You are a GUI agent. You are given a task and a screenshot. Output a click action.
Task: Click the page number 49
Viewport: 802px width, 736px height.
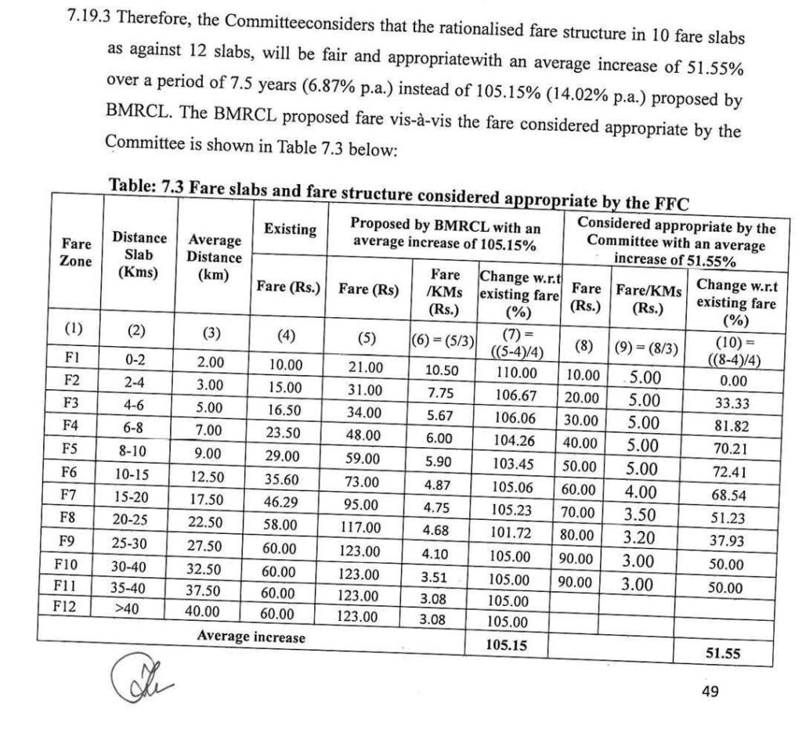point(709,691)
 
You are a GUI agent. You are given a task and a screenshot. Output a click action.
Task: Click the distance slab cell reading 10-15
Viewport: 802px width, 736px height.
point(139,475)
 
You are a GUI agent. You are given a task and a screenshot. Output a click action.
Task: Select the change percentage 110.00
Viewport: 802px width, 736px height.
point(515,373)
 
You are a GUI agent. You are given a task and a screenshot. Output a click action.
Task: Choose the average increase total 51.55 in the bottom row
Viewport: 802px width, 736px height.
point(722,654)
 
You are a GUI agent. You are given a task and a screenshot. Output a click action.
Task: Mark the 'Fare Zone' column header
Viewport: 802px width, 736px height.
point(75,252)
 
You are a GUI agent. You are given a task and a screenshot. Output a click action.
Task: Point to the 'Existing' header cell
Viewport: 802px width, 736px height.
point(290,229)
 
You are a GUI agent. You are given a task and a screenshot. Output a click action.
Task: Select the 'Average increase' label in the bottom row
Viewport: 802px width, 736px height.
point(251,637)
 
